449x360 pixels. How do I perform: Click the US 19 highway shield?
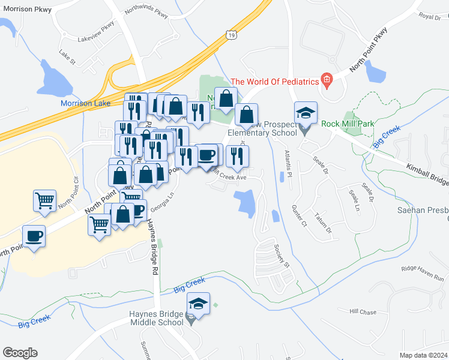[232, 36]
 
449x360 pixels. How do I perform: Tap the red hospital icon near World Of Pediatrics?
[327, 80]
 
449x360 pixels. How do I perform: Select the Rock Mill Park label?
[348, 124]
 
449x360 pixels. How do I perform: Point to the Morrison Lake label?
[85, 103]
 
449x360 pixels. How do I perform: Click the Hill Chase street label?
[363, 312]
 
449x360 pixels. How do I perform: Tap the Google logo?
[20, 353]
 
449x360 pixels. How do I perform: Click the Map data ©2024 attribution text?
[423, 355]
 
